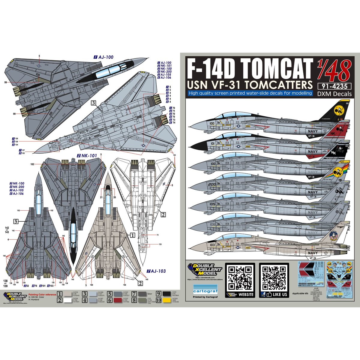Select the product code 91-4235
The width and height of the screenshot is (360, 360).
(x=334, y=86)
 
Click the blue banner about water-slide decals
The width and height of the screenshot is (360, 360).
(x=250, y=93)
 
